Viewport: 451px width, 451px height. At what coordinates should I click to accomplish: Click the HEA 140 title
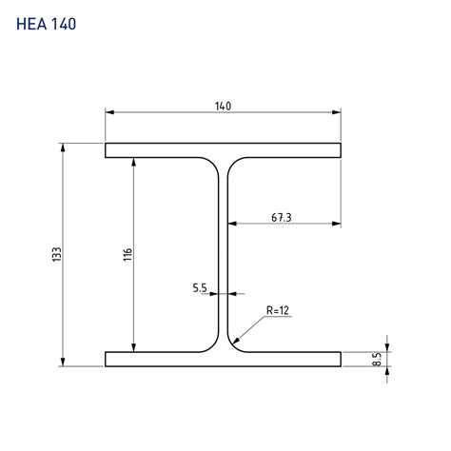(x=46, y=24)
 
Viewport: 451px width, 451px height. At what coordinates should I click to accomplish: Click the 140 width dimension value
(x=223, y=107)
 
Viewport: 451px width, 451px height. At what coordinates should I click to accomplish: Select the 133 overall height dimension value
(x=57, y=254)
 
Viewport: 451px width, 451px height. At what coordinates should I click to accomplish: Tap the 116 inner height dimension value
(x=127, y=255)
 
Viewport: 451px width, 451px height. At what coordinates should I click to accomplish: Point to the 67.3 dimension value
(x=282, y=218)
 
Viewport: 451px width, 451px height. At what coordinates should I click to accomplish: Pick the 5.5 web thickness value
(x=200, y=288)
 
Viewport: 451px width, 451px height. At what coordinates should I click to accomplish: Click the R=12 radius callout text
(x=278, y=310)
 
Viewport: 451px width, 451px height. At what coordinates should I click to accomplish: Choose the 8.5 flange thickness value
(x=377, y=360)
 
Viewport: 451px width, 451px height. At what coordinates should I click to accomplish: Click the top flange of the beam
(x=223, y=150)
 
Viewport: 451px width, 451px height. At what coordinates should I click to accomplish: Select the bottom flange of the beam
(x=223, y=359)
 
